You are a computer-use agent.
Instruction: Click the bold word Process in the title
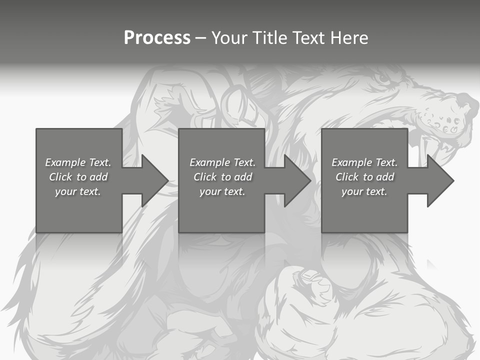[157, 38]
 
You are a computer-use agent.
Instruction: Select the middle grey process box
[221, 210]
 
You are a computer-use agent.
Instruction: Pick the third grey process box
[364, 210]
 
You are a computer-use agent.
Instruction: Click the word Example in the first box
[65, 162]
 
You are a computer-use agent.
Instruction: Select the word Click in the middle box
[204, 177]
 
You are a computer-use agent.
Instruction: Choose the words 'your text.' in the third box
[364, 191]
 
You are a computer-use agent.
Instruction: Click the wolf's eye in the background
[383, 78]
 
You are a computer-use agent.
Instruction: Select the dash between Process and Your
[201, 38]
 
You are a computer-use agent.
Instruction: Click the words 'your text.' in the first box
[78, 191]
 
